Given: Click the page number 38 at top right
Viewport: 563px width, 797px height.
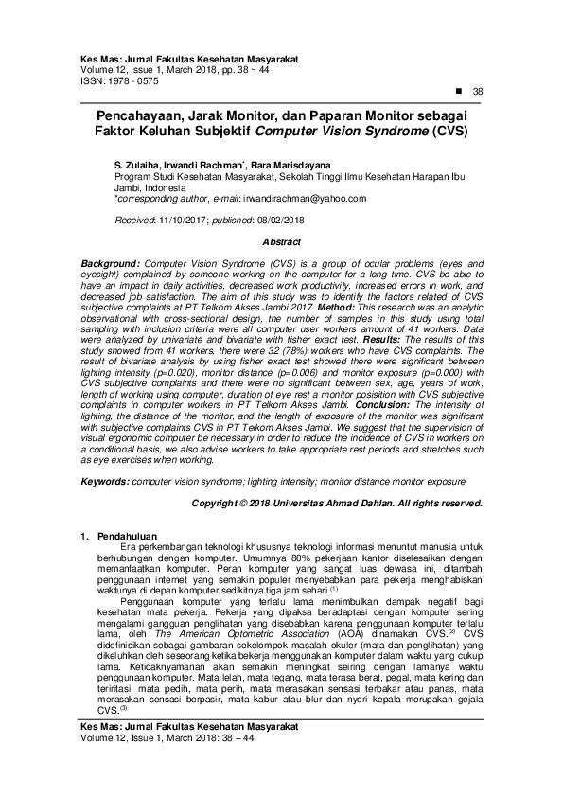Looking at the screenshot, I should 478,91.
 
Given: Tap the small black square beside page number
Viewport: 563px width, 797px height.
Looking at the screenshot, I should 458,91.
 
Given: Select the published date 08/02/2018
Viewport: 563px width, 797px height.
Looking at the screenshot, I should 271,219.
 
